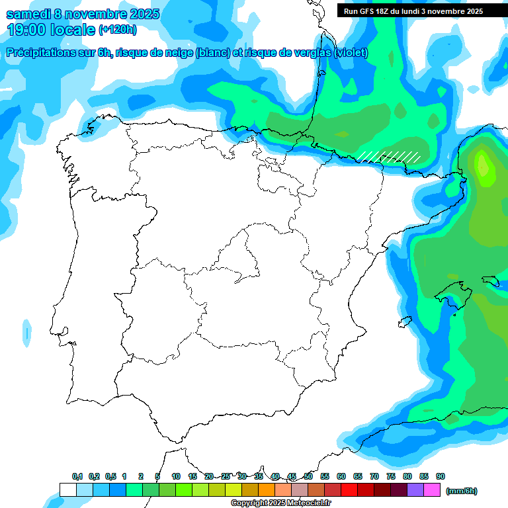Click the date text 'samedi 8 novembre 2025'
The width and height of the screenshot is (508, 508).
tap(83, 14)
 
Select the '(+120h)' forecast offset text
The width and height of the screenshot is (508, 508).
tap(118, 30)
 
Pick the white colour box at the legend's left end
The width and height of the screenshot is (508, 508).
tap(67, 490)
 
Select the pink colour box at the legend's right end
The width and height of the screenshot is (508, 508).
tap(431, 490)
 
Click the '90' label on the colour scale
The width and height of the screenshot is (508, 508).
tap(441, 476)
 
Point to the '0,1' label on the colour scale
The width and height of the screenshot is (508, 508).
tap(77, 476)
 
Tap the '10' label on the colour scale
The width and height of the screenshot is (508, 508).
tap(176, 476)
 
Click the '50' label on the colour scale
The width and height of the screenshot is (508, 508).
tap(308, 476)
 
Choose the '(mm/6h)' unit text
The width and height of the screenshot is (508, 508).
tap(462, 491)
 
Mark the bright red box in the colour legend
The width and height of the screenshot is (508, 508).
tap(349, 490)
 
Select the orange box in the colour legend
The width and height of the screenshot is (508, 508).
tap(266, 490)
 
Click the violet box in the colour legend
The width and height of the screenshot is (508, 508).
tap(415, 490)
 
